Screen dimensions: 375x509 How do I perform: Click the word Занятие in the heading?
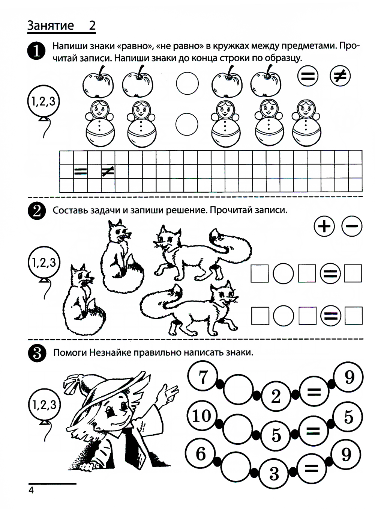[x=50, y=26]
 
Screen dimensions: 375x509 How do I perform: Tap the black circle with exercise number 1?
[x=36, y=51]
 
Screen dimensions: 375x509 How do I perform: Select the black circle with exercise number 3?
[x=37, y=353]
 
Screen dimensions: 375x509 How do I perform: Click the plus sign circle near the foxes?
[x=324, y=226]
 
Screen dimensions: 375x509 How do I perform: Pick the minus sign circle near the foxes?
[x=352, y=226]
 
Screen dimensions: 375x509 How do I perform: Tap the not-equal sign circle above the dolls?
[x=340, y=76]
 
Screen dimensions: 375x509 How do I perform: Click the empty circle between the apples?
[x=187, y=83]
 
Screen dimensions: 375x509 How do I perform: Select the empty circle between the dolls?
[x=187, y=124]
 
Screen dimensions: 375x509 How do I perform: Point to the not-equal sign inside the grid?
[x=108, y=171]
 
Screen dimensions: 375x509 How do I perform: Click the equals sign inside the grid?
[x=80, y=171]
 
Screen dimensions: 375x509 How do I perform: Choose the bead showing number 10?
[x=202, y=416]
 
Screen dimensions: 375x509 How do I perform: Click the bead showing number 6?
[x=201, y=454]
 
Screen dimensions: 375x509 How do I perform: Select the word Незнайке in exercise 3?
[x=110, y=353]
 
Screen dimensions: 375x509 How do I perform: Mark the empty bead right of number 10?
[x=238, y=429]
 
